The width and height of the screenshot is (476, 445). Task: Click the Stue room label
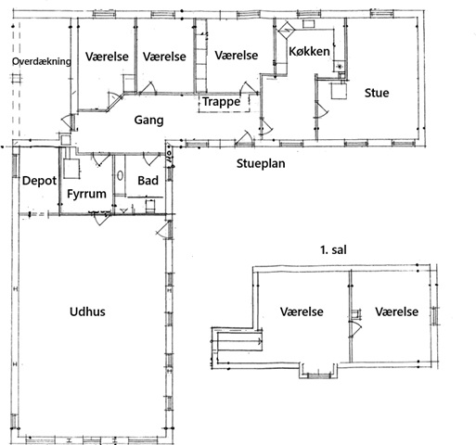point(377,93)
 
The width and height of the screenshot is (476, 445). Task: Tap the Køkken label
point(309,51)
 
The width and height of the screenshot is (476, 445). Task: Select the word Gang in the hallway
point(148,121)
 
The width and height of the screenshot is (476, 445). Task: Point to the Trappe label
point(221,102)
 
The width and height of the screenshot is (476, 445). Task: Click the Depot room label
point(39,181)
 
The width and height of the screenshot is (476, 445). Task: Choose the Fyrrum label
point(86,194)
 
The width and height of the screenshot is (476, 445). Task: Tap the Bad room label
point(148,181)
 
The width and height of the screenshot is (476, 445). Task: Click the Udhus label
point(87,311)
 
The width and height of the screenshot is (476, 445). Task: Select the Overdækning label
point(42,61)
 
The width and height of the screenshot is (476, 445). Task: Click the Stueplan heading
point(261,164)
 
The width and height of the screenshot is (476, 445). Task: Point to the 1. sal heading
point(333,249)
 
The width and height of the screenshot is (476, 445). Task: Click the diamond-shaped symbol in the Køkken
point(287,30)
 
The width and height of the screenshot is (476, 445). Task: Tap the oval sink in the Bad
point(120,176)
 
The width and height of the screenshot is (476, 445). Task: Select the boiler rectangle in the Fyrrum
point(71,169)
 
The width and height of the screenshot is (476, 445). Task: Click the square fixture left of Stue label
point(340,90)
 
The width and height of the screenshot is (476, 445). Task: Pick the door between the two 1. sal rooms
point(355,328)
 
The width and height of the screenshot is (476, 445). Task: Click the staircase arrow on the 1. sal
point(240,341)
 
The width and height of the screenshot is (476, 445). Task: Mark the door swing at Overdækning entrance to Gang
point(66,121)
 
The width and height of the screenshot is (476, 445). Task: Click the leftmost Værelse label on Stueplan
point(107,57)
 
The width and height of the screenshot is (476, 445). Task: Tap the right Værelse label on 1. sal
point(397,311)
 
